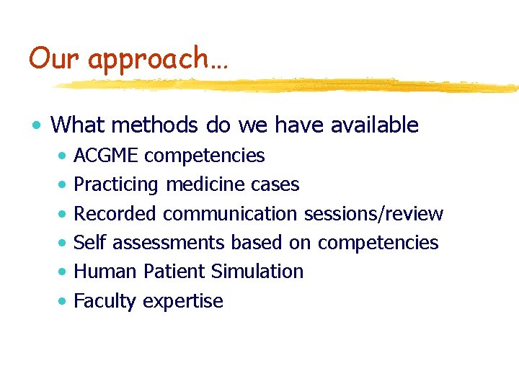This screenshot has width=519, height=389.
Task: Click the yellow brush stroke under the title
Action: [x=288, y=86]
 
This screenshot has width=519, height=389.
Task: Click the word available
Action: [x=374, y=125]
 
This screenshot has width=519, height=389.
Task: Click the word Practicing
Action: [x=115, y=185]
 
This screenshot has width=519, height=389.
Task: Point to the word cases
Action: [x=275, y=185]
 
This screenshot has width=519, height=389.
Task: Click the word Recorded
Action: [x=115, y=214]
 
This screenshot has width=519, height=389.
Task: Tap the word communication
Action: [x=230, y=214]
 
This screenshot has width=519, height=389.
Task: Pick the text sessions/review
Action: [x=373, y=214]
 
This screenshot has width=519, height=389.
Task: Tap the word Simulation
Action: [x=257, y=272]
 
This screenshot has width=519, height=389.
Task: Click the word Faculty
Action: [x=105, y=301]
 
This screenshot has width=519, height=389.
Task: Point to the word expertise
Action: [x=183, y=301]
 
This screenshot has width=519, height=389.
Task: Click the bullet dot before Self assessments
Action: [x=65, y=243]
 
